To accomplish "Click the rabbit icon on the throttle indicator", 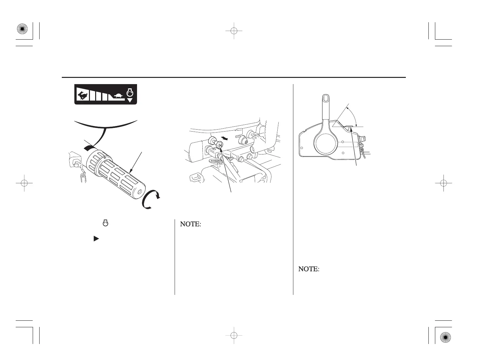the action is pos(82,95).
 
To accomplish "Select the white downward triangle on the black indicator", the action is pos(130,100).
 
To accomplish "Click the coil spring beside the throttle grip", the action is pos(83,178).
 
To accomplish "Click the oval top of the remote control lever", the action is pos(325,99).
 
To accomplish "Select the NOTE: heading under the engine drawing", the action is pos(190,225).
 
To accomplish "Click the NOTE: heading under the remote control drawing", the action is pos(308,269).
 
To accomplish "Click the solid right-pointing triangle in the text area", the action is pos(96,239).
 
